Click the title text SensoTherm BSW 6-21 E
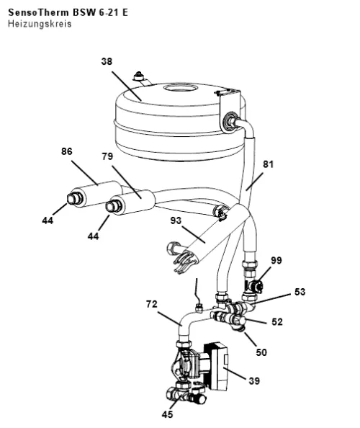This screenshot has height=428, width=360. tap(68, 12)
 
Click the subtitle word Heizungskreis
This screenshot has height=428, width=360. tap(40, 24)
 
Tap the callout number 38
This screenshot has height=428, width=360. tap(107, 61)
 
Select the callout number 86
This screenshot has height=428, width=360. tap(66, 151)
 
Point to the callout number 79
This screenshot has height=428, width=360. tap(107, 156)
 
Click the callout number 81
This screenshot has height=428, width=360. tap(268, 164)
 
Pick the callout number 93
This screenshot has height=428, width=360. tap(176, 220)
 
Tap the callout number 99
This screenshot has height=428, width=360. tap(276, 260)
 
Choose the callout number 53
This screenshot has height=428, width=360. tap(300, 292)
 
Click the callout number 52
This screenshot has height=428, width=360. tap(277, 322)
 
